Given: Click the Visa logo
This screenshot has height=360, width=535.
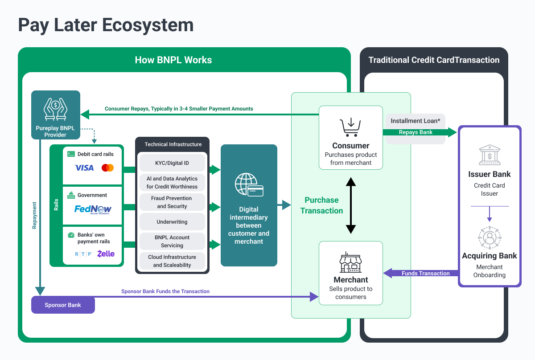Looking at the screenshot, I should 84,168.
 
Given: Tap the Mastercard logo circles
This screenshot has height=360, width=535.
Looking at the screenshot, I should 107,168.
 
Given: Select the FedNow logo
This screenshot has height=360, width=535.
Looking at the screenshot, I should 93,209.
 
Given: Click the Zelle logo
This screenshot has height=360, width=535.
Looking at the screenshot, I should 106,254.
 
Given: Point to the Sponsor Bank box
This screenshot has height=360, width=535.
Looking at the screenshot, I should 63,305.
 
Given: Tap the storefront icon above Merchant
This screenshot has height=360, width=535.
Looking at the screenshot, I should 350,262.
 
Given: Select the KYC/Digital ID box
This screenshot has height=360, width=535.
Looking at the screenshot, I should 172,163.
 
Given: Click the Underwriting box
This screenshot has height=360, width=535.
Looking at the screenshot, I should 172,222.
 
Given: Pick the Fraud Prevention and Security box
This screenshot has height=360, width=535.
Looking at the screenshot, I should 172,202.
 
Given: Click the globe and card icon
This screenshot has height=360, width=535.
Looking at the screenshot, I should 249,186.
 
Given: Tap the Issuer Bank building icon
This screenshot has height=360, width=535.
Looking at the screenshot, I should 489,155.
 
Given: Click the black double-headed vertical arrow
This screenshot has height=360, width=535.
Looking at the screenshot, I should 351,205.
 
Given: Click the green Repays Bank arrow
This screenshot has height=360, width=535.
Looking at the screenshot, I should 419,132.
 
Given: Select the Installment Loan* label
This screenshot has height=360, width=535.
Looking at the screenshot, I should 415,121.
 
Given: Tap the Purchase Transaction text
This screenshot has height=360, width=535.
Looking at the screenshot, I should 321,205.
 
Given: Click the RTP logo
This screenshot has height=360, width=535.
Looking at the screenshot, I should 83,254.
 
